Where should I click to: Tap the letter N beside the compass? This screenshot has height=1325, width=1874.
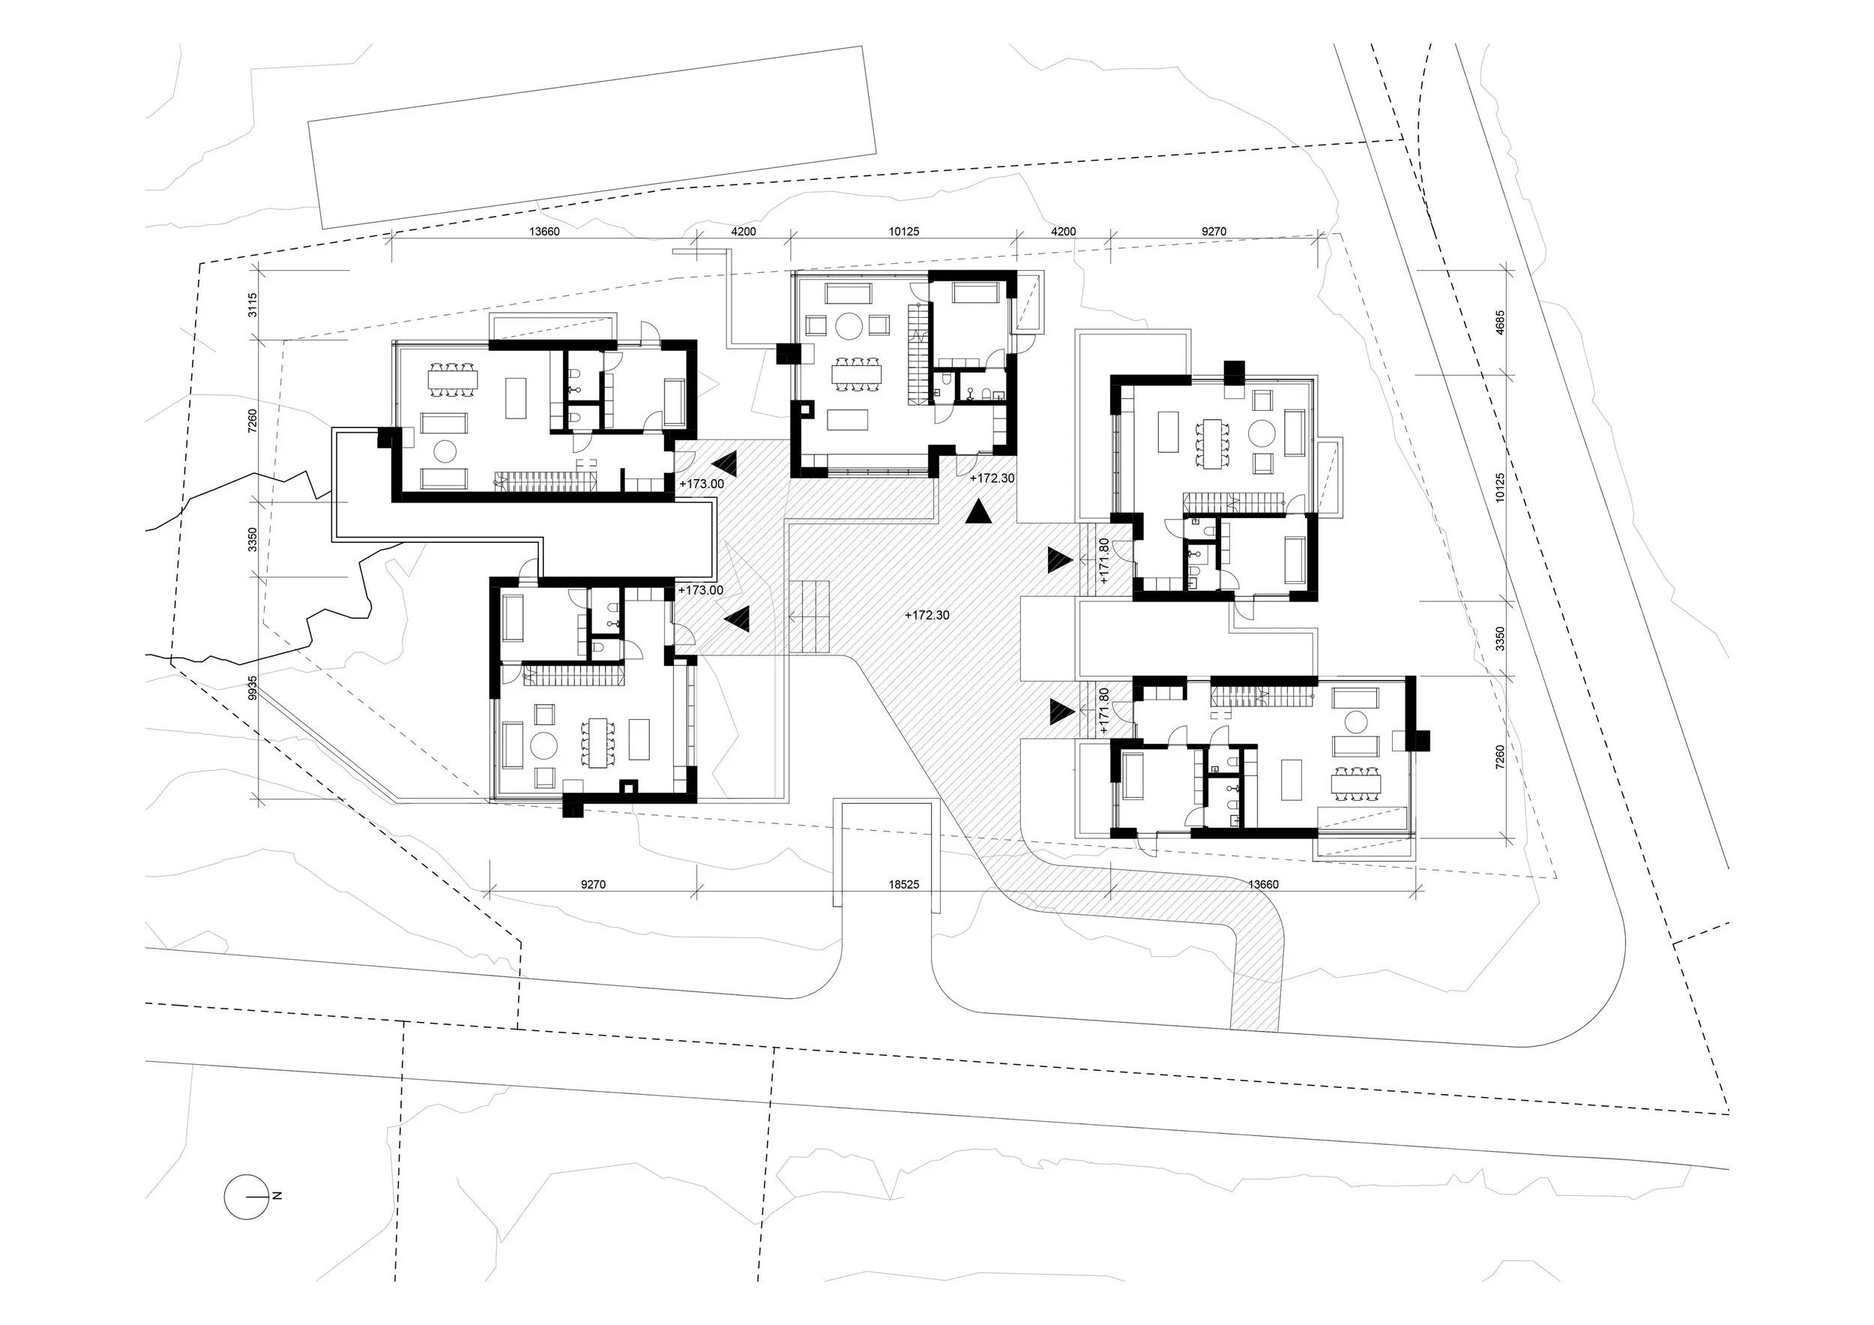[x=277, y=1196]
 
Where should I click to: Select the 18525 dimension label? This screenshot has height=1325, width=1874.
[x=903, y=884]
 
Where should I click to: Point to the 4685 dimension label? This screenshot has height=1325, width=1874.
[x=1499, y=322]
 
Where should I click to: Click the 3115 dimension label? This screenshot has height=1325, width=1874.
[x=253, y=304]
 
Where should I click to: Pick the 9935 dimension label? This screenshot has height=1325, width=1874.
[x=253, y=687]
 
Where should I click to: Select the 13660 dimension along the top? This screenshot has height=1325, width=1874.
[x=544, y=231]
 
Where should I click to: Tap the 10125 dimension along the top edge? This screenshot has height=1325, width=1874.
[x=903, y=231]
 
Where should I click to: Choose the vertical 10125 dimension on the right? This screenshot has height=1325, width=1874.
[x=1499, y=487]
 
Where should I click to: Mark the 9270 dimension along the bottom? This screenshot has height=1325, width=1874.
[x=593, y=884]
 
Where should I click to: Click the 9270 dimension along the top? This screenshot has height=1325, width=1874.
[x=1214, y=231]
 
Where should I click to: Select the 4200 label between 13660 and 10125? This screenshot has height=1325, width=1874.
[x=743, y=231]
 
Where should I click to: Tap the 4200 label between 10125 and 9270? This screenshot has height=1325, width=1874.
[x=1063, y=231]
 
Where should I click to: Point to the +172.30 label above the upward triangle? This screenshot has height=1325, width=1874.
[x=992, y=478]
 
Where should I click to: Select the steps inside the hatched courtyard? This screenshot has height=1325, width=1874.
[x=809, y=616]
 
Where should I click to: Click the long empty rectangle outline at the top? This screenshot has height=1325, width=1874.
[x=591, y=137]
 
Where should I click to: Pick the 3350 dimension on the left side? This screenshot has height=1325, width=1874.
[x=253, y=539]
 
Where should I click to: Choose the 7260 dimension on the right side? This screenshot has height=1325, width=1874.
[x=1499, y=757]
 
